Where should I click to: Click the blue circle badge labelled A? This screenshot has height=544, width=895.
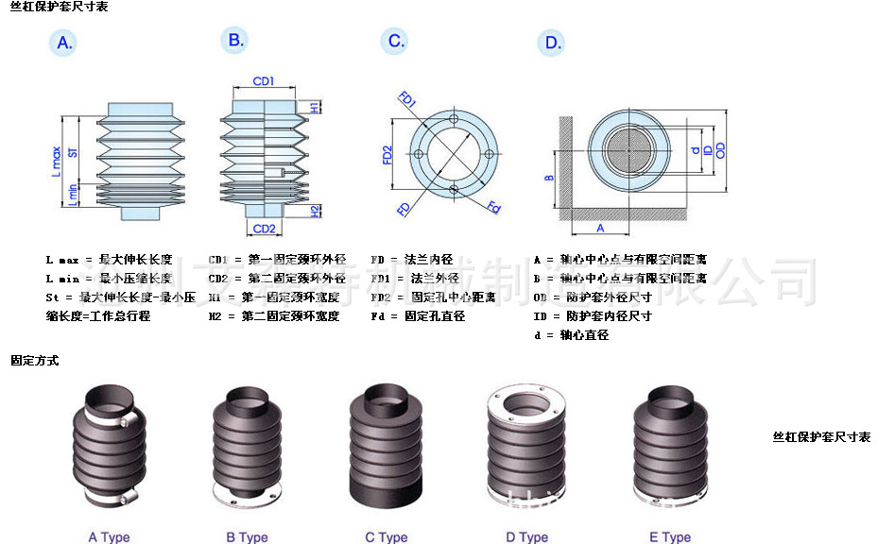(x=64, y=43)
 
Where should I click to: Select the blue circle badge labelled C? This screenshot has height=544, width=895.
(x=396, y=41)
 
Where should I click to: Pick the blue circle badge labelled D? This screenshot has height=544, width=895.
(x=553, y=42)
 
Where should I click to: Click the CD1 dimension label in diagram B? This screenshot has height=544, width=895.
(x=264, y=81)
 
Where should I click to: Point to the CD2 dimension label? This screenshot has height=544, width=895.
(x=264, y=229)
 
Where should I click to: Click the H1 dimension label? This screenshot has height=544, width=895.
(x=315, y=108)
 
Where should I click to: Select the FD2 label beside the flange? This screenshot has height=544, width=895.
(x=387, y=155)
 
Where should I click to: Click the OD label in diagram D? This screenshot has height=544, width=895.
(x=720, y=150)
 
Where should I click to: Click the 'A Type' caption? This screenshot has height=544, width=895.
(x=109, y=537)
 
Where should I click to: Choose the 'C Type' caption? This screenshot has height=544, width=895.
(x=386, y=537)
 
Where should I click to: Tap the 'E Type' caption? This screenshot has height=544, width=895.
(x=670, y=537)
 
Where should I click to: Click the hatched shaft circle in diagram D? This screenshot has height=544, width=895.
(x=629, y=150)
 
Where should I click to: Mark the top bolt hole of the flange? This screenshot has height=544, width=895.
(x=455, y=119)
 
